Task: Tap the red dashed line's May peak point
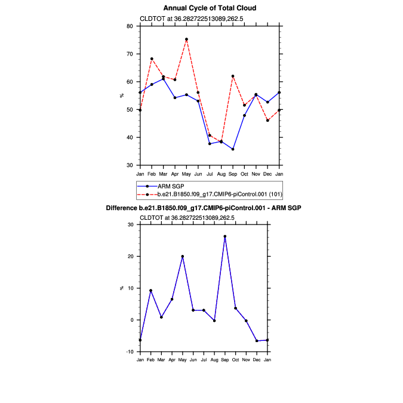(x=186, y=39)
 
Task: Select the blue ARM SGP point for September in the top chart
(x=233, y=149)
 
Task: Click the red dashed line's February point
(x=152, y=59)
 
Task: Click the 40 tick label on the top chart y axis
(x=130, y=137)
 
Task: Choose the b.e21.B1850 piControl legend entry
(x=218, y=194)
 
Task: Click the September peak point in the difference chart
(x=225, y=236)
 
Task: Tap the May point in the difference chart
(x=183, y=256)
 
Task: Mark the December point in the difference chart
(x=257, y=341)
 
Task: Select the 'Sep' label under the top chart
(x=233, y=174)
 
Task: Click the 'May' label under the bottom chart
(x=183, y=360)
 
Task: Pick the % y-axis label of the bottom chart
(x=121, y=288)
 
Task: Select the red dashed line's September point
(x=233, y=76)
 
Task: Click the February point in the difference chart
(x=150, y=291)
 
